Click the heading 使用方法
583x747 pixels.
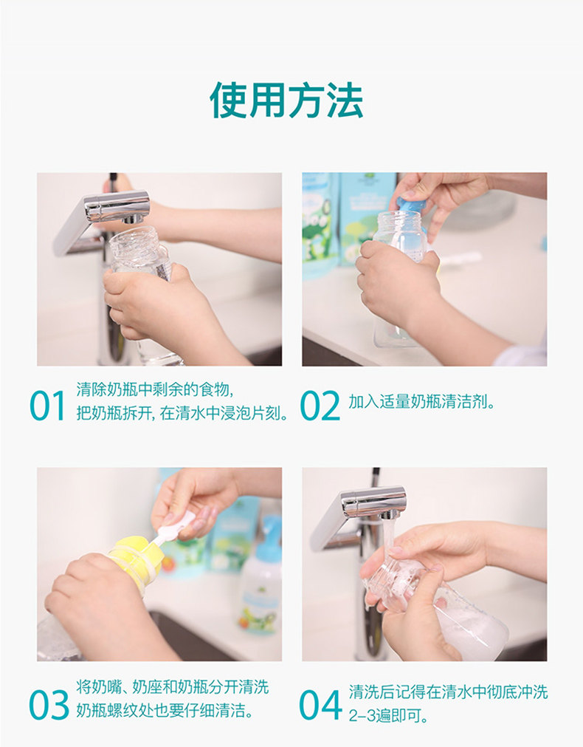click(286, 100)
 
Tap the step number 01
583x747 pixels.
click(47, 406)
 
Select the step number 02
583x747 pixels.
click(320, 406)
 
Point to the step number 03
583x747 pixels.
click(49, 705)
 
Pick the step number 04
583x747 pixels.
click(320, 705)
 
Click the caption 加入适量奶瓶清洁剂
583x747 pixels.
click(421, 402)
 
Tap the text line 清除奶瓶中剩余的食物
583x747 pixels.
click(155, 389)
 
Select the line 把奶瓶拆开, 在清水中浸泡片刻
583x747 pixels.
click(182, 412)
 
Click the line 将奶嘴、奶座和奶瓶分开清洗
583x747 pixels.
click(172, 687)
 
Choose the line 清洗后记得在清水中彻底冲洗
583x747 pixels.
click(448, 692)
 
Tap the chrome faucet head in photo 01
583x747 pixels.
click(117, 208)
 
